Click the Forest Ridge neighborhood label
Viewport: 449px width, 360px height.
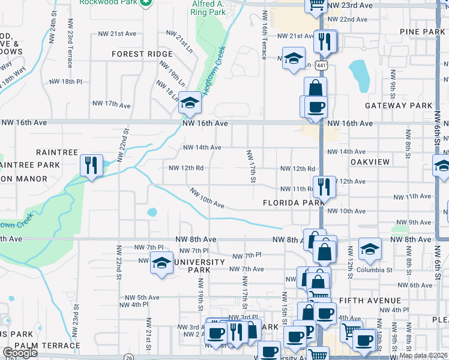click(x=142, y=54)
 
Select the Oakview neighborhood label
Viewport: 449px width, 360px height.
click(x=370, y=162)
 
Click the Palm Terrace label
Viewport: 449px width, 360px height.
click(x=47, y=346)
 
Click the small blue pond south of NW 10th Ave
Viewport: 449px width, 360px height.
click(x=151, y=212)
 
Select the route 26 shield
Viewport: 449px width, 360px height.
click(x=128, y=356)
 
